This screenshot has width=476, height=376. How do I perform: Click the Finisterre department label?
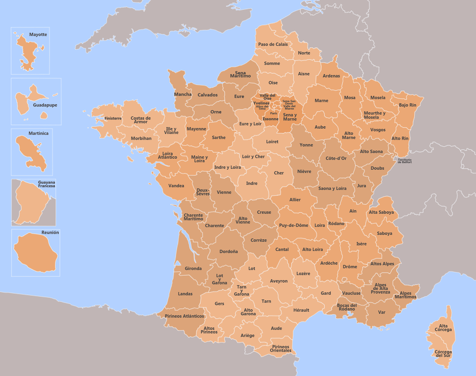(113, 118)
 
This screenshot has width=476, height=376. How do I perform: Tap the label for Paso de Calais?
(273, 44)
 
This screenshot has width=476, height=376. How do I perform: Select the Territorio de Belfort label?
(405, 161)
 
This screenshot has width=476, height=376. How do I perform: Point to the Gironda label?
(193, 269)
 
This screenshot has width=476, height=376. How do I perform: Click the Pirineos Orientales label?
(281, 349)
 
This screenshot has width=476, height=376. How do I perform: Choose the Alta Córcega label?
(443, 328)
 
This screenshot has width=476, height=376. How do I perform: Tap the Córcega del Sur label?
(443, 354)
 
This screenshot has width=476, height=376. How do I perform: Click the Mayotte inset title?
(38, 35)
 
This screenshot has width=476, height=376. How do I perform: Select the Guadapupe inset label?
(45, 105)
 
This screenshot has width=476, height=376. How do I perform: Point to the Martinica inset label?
(38, 133)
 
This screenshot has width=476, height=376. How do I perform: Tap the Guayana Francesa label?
(46, 184)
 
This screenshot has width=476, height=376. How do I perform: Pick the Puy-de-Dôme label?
(294, 225)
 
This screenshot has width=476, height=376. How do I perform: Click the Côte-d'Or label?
(336, 158)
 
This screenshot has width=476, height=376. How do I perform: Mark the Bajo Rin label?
(408, 105)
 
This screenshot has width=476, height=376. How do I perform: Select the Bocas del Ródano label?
(347, 307)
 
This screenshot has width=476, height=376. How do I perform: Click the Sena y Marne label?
(290, 117)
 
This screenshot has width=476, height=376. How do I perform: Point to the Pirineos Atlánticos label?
(184, 316)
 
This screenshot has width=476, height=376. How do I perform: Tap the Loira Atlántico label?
(167, 155)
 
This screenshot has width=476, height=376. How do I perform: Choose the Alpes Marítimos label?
(405, 295)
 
